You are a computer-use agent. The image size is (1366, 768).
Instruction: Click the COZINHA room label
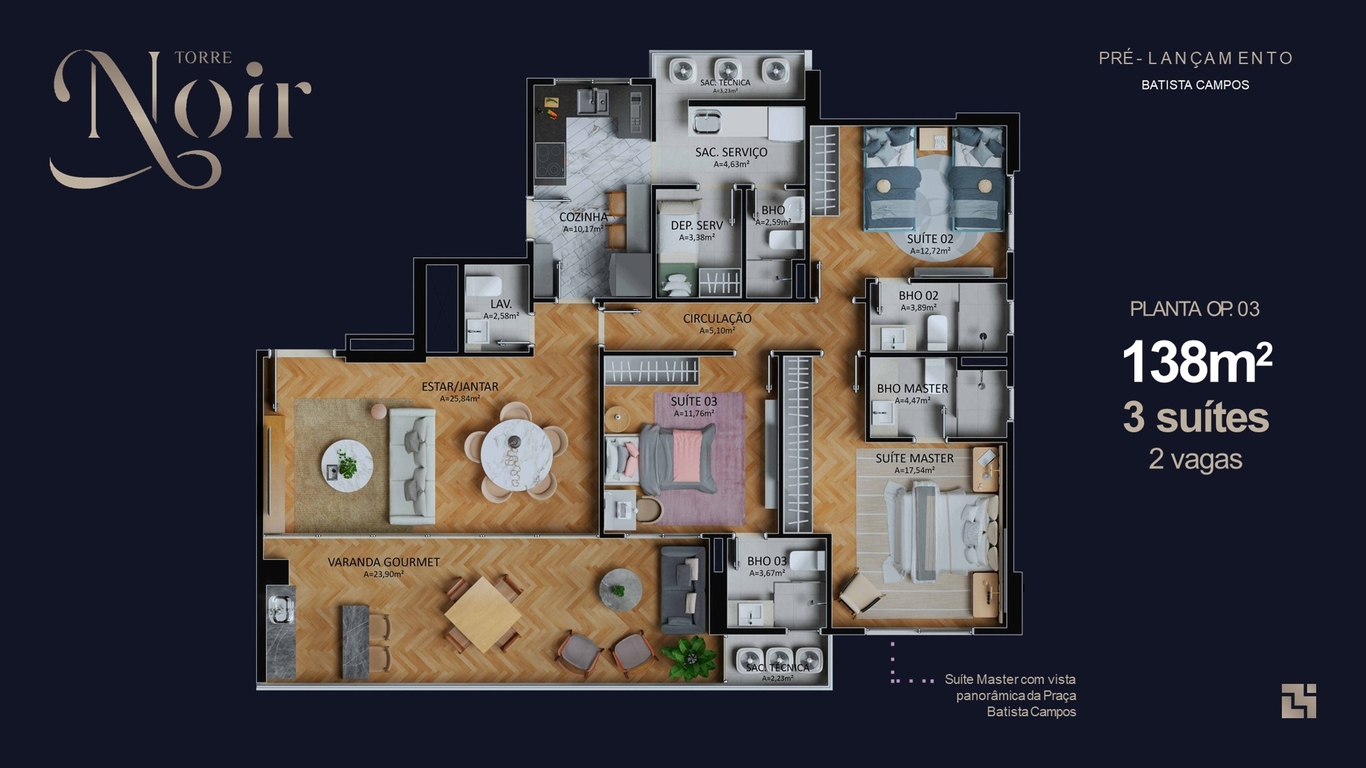pos(583,217)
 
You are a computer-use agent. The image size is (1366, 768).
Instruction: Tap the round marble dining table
pos(517,451)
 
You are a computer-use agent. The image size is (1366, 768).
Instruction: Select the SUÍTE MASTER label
pos(914,459)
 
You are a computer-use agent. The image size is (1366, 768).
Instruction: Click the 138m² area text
pos(1196,363)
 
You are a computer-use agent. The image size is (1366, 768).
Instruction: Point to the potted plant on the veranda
pos(689,658)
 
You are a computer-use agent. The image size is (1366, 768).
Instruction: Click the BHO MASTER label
pos(912,389)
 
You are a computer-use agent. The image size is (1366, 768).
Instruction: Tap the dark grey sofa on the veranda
pos(682,590)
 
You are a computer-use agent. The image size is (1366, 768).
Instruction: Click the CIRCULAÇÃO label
pos(716,319)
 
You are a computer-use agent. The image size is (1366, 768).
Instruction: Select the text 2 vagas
pos(1195,459)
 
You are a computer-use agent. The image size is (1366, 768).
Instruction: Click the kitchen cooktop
pos(549,159)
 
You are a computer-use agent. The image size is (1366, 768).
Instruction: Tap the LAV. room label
pos(501,304)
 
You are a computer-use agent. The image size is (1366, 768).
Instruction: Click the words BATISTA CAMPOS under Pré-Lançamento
pos(1195,85)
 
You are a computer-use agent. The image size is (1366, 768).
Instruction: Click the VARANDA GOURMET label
pos(383,562)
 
